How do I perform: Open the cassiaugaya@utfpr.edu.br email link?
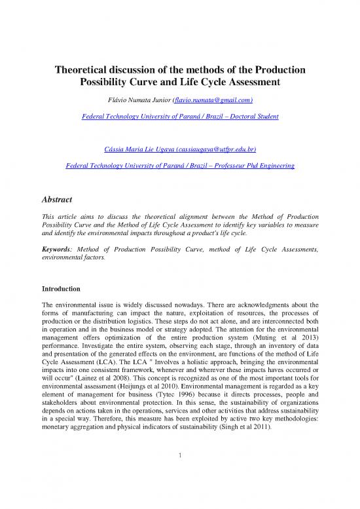(217, 150)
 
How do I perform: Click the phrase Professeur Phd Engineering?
(250, 167)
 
